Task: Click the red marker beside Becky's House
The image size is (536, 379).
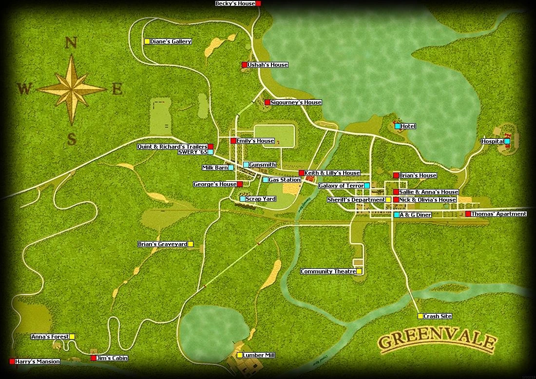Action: point(258,3)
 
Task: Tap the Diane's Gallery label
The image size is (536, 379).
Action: point(171,41)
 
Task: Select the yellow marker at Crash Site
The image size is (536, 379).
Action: point(421,316)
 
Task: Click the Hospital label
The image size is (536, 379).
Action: point(493,141)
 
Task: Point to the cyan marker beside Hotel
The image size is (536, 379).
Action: point(398,126)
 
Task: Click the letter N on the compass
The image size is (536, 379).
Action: point(71,43)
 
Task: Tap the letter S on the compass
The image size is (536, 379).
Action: point(72,140)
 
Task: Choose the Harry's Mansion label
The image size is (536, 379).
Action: point(38,361)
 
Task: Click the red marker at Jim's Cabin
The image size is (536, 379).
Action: point(94,358)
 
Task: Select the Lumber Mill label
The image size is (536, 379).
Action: point(259,355)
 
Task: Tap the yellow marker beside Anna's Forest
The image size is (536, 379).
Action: point(72,337)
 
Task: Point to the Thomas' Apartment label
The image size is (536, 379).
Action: point(498,214)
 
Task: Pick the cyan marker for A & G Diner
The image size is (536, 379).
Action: point(397,215)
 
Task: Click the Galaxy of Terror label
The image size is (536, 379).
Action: point(341,186)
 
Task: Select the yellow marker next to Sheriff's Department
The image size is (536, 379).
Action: point(388,200)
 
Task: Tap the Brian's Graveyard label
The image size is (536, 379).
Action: point(162,244)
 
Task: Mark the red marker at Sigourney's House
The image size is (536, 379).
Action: point(267,102)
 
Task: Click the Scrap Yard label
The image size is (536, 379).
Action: point(261,199)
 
